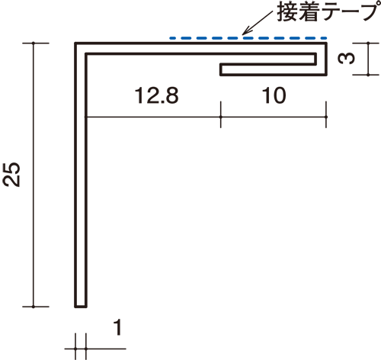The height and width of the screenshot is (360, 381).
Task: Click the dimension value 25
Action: (11, 175)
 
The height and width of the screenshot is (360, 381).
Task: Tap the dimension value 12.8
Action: (156, 95)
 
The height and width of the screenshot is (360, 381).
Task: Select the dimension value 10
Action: (274, 95)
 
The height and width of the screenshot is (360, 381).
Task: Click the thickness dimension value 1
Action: (117, 327)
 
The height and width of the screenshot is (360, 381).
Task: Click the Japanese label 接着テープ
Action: (328, 11)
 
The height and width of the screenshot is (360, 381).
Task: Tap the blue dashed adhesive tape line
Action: (248, 38)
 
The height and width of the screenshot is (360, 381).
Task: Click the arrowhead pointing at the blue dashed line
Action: (246, 31)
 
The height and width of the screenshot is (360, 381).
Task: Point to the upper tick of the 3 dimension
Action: (368, 43)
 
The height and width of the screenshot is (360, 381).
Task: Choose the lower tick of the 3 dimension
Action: (368, 75)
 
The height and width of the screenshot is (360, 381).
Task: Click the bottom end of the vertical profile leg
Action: (81, 307)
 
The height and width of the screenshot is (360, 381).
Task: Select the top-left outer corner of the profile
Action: (75, 43)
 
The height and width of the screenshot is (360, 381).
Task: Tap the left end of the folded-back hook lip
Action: (220, 69)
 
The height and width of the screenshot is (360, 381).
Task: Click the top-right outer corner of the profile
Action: (327, 43)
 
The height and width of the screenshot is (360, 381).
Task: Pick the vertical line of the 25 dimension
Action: (34, 175)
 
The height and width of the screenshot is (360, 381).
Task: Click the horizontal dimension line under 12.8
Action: (154, 117)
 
